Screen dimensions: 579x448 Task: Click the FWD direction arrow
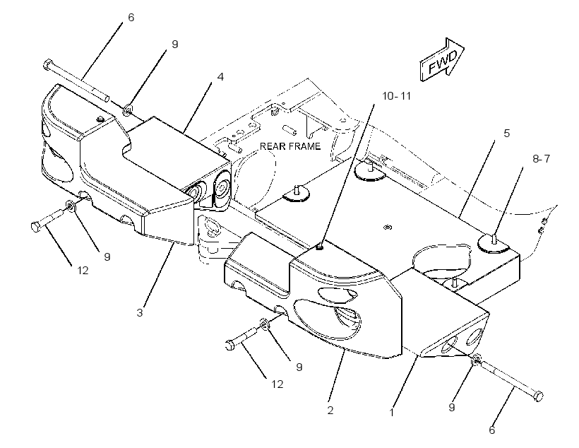point(441,59)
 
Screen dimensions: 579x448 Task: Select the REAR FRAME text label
point(290,146)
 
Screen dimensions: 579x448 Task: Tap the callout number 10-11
point(396,96)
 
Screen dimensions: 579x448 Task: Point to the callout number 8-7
point(541,158)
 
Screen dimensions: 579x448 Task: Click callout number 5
point(507,133)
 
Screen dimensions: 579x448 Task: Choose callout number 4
point(220,77)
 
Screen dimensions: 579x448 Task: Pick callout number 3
point(140,313)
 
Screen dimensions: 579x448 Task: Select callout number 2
point(330,410)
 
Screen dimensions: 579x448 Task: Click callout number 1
point(392,412)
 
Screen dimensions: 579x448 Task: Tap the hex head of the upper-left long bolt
point(47,65)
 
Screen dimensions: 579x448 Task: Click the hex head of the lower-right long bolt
point(539,396)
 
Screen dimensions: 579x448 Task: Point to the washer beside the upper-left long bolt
point(128,110)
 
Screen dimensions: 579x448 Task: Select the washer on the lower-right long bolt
point(477,359)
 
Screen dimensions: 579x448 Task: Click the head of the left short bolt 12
point(35,227)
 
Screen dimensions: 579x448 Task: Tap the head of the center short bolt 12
point(229,346)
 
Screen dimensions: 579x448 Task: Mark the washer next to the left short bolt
point(70,206)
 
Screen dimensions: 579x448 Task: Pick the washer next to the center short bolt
point(264,324)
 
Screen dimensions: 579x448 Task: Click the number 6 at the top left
point(131,18)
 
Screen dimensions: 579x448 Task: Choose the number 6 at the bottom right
point(492,430)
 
